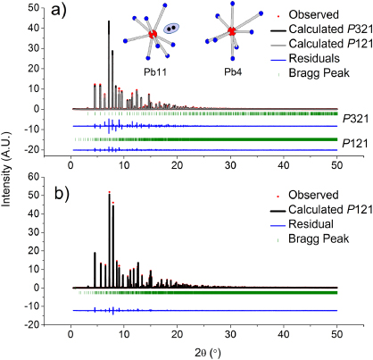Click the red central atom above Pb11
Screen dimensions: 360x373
pos(153,34)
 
